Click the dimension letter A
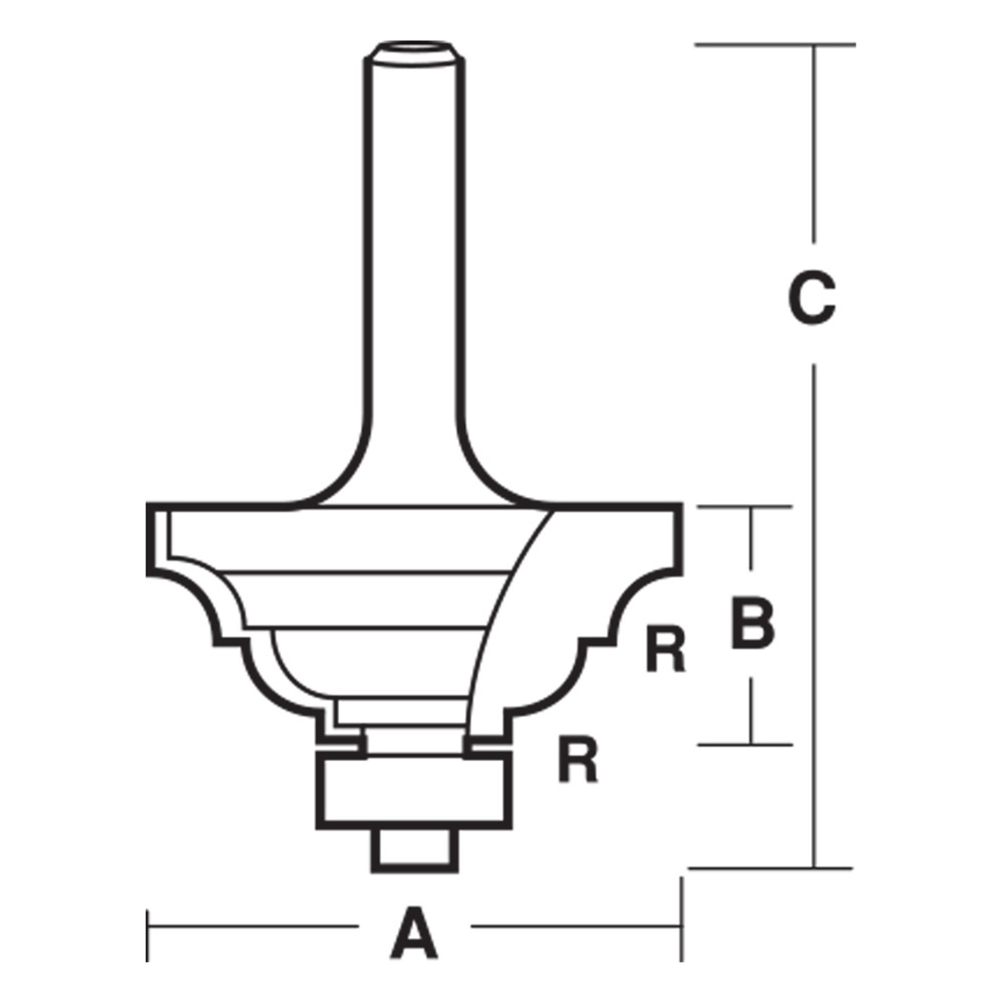413,932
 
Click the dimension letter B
752,624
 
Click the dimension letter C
812,298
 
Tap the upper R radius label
665,649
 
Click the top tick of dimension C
775,45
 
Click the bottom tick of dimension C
771,867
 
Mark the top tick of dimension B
744,507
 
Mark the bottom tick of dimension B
744,744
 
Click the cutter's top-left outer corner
149,506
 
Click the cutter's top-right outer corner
683,506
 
